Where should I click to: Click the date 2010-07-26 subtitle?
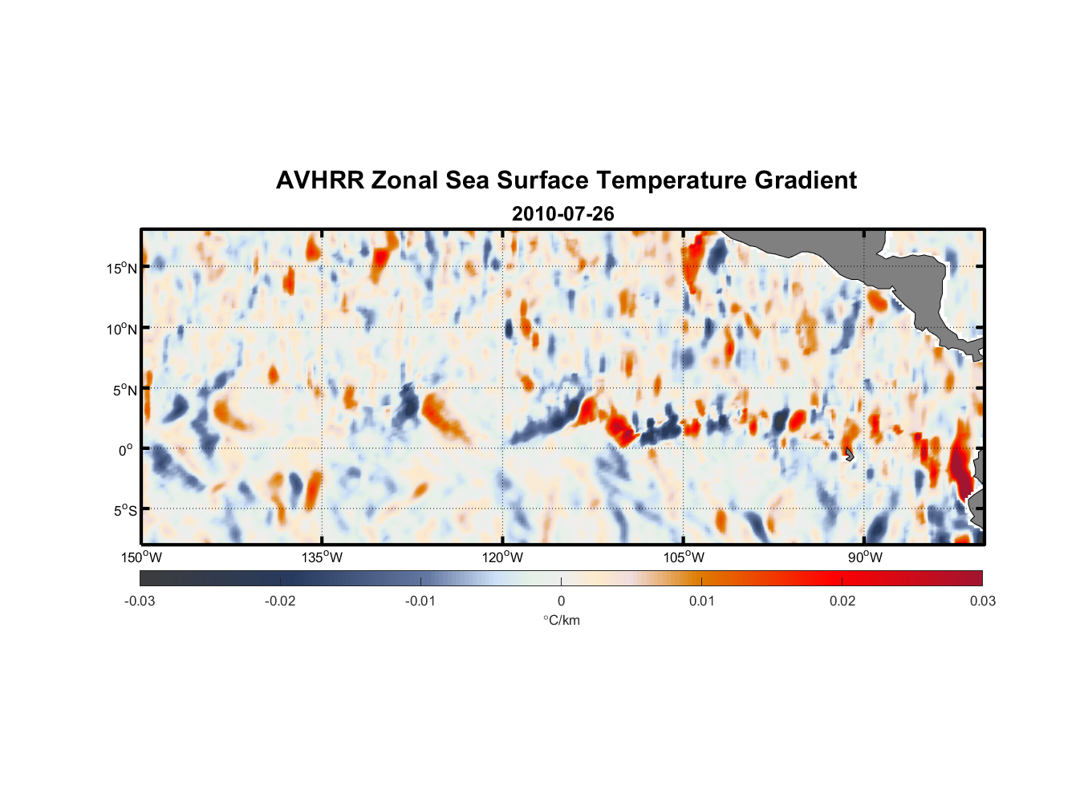click(x=562, y=214)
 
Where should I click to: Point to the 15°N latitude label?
click(x=121, y=268)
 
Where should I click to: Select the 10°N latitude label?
click(x=121, y=329)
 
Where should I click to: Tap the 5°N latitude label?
click(x=124, y=390)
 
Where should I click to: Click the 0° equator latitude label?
click(x=126, y=450)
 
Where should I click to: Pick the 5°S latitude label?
click(x=124, y=510)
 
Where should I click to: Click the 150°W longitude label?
click(x=141, y=557)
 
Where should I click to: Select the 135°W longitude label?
click(x=322, y=557)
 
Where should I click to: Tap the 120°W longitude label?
click(x=502, y=557)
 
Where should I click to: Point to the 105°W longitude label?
click(x=684, y=557)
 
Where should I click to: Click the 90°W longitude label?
click(x=864, y=557)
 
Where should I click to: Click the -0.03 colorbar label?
click(x=140, y=601)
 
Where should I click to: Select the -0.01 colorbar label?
click(x=420, y=601)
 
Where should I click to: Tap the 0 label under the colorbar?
click(x=561, y=601)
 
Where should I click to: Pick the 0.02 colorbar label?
click(x=842, y=601)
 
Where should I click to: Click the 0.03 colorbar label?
click(x=982, y=601)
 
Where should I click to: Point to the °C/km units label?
click(x=561, y=620)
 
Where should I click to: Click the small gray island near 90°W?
click(x=849, y=455)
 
